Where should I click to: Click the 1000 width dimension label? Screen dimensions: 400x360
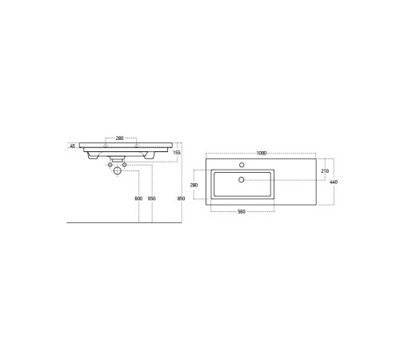coord(262,153)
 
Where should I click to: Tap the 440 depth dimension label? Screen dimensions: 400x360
coord(334,182)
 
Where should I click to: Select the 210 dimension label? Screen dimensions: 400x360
coord(325,171)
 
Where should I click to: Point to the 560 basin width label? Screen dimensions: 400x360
coord(242,211)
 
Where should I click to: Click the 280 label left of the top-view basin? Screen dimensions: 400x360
coord(194,185)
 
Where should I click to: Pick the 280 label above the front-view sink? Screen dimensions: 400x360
coord(119,138)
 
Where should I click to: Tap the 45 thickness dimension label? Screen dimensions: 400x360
coord(73,146)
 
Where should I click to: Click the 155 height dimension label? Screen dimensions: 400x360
coord(177,153)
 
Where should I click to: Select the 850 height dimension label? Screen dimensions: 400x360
coord(181,198)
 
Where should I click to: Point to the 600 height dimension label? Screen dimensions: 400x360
coord(138,198)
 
